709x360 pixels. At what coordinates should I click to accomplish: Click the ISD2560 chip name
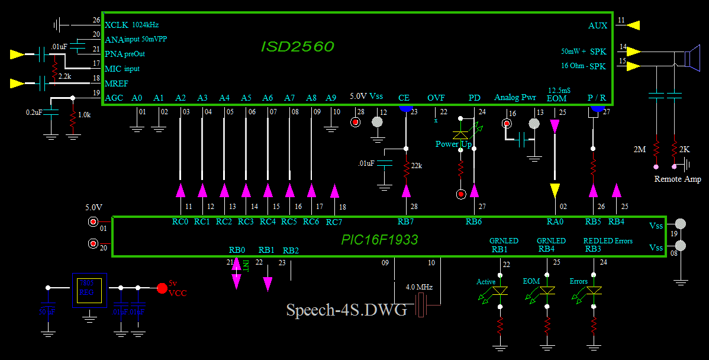pyautogui.click(x=297, y=46)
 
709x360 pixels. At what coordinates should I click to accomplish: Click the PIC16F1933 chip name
pyautogui.click(x=379, y=240)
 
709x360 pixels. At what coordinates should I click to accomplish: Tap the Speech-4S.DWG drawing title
pyautogui.click(x=346, y=310)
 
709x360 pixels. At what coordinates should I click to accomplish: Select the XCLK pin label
pyautogui.click(x=116, y=25)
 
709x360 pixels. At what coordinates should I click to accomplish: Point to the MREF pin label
pyautogui.click(x=116, y=83)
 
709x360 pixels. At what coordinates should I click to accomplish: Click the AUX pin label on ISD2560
pyautogui.click(x=598, y=26)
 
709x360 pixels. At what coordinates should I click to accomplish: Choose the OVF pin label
pyautogui.click(x=436, y=98)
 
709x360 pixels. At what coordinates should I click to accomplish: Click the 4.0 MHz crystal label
pyautogui.click(x=419, y=287)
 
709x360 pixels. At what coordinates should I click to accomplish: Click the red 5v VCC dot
pyautogui.click(x=162, y=288)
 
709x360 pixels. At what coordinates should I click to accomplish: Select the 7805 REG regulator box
pyautogui.click(x=89, y=290)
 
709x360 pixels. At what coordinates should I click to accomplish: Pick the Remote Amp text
pyautogui.click(x=678, y=179)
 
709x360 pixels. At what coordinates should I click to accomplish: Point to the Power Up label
pyautogui.click(x=453, y=144)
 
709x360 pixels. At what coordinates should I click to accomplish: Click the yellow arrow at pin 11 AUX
pyautogui.click(x=633, y=25)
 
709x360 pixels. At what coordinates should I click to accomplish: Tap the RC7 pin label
pyautogui.click(x=334, y=223)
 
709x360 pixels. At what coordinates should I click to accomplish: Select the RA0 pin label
pyautogui.click(x=555, y=222)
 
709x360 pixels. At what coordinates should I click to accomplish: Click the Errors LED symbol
pyautogui.click(x=594, y=291)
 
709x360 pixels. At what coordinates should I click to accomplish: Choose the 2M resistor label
pyautogui.click(x=639, y=150)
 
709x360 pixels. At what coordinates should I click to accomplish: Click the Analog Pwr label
pyautogui.click(x=514, y=98)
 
